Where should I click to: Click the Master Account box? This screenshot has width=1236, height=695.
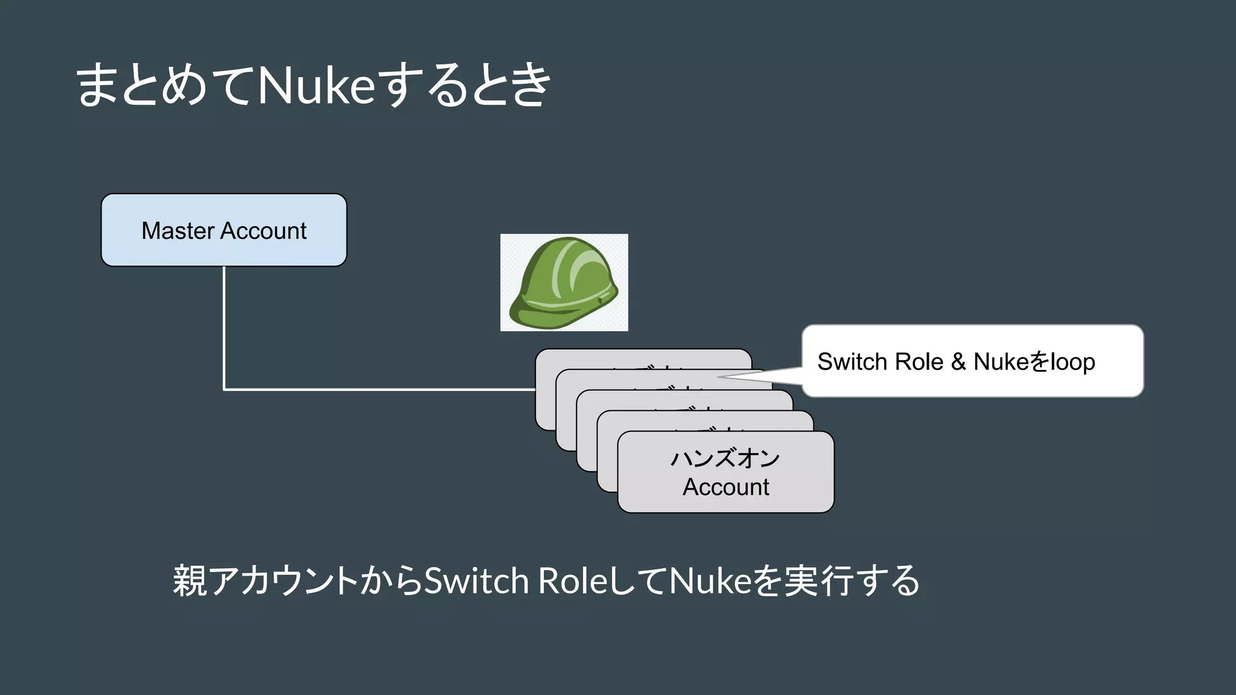(224, 230)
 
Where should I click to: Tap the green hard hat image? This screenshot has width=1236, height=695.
(564, 282)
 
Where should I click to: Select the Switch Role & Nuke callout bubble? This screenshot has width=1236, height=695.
(972, 361)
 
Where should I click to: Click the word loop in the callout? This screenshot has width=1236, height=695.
(1072, 362)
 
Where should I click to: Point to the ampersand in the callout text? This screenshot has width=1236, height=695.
(958, 362)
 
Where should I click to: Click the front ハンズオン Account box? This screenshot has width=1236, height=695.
(725, 472)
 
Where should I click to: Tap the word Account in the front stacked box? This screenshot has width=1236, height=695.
(725, 487)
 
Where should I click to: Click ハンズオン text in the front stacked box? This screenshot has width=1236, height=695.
(725, 459)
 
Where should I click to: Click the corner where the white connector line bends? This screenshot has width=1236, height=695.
(224, 390)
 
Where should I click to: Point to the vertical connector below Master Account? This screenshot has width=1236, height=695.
(224, 326)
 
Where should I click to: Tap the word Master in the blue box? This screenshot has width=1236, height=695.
(178, 230)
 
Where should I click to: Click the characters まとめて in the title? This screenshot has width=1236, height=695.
(163, 86)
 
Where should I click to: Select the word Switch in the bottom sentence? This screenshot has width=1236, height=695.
(476, 580)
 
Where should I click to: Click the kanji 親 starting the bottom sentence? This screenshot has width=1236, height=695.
(190, 580)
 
